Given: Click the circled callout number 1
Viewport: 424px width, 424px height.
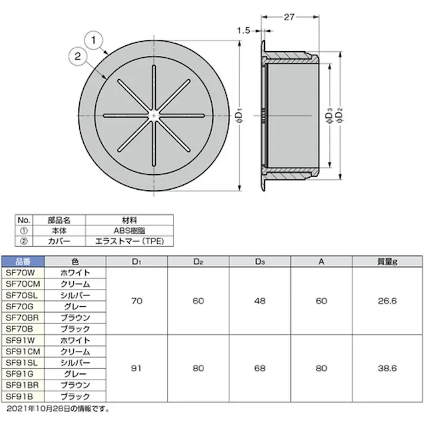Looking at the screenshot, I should click(x=94, y=41).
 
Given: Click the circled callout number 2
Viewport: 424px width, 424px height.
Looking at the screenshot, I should click(x=77, y=57).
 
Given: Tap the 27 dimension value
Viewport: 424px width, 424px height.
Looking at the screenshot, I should click(x=290, y=17).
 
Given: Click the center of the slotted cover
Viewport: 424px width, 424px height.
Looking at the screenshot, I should click(x=154, y=113).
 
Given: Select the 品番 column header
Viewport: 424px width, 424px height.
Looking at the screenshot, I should click(x=23, y=261).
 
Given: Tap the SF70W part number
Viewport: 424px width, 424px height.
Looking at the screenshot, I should click(x=23, y=272).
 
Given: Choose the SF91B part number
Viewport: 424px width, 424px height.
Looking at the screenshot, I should click(x=23, y=396).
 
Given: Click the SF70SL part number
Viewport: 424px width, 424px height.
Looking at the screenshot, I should click(x=23, y=295).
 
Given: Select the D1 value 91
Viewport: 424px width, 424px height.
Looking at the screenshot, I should click(x=137, y=368).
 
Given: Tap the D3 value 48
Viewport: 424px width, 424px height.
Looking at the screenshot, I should click(x=260, y=301).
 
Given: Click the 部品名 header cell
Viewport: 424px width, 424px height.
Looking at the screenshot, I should click(x=59, y=220).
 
